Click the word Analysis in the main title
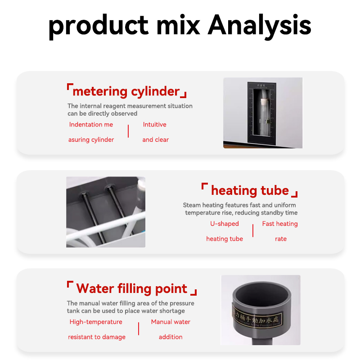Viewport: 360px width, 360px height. click(260, 26)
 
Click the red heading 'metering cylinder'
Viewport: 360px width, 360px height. click(126, 91)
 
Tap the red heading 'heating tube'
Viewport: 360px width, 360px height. click(250, 190)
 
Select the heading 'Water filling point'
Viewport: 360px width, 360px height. click(131, 288)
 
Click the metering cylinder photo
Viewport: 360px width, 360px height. click(263, 112)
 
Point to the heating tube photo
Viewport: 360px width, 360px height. click(106, 212)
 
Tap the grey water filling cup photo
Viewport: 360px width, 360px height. click(261, 310)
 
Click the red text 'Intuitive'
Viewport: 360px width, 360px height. click(154, 125)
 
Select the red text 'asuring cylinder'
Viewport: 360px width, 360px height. click(91, 140)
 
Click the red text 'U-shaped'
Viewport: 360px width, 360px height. click(225, 224)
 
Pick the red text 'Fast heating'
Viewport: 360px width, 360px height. click(280, 224)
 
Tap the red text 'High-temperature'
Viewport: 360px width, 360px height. click(96, 322)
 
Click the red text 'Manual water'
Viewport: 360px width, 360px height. click(171, 322)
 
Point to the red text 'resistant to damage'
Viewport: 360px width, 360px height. click(97, 337)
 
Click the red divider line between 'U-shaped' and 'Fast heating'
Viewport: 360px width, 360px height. click(253, 231)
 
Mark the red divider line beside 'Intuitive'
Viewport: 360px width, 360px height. click(128, 131)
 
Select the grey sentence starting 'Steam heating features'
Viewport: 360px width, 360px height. click(240, 209)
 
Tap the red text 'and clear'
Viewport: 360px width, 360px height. click(155, 140)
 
